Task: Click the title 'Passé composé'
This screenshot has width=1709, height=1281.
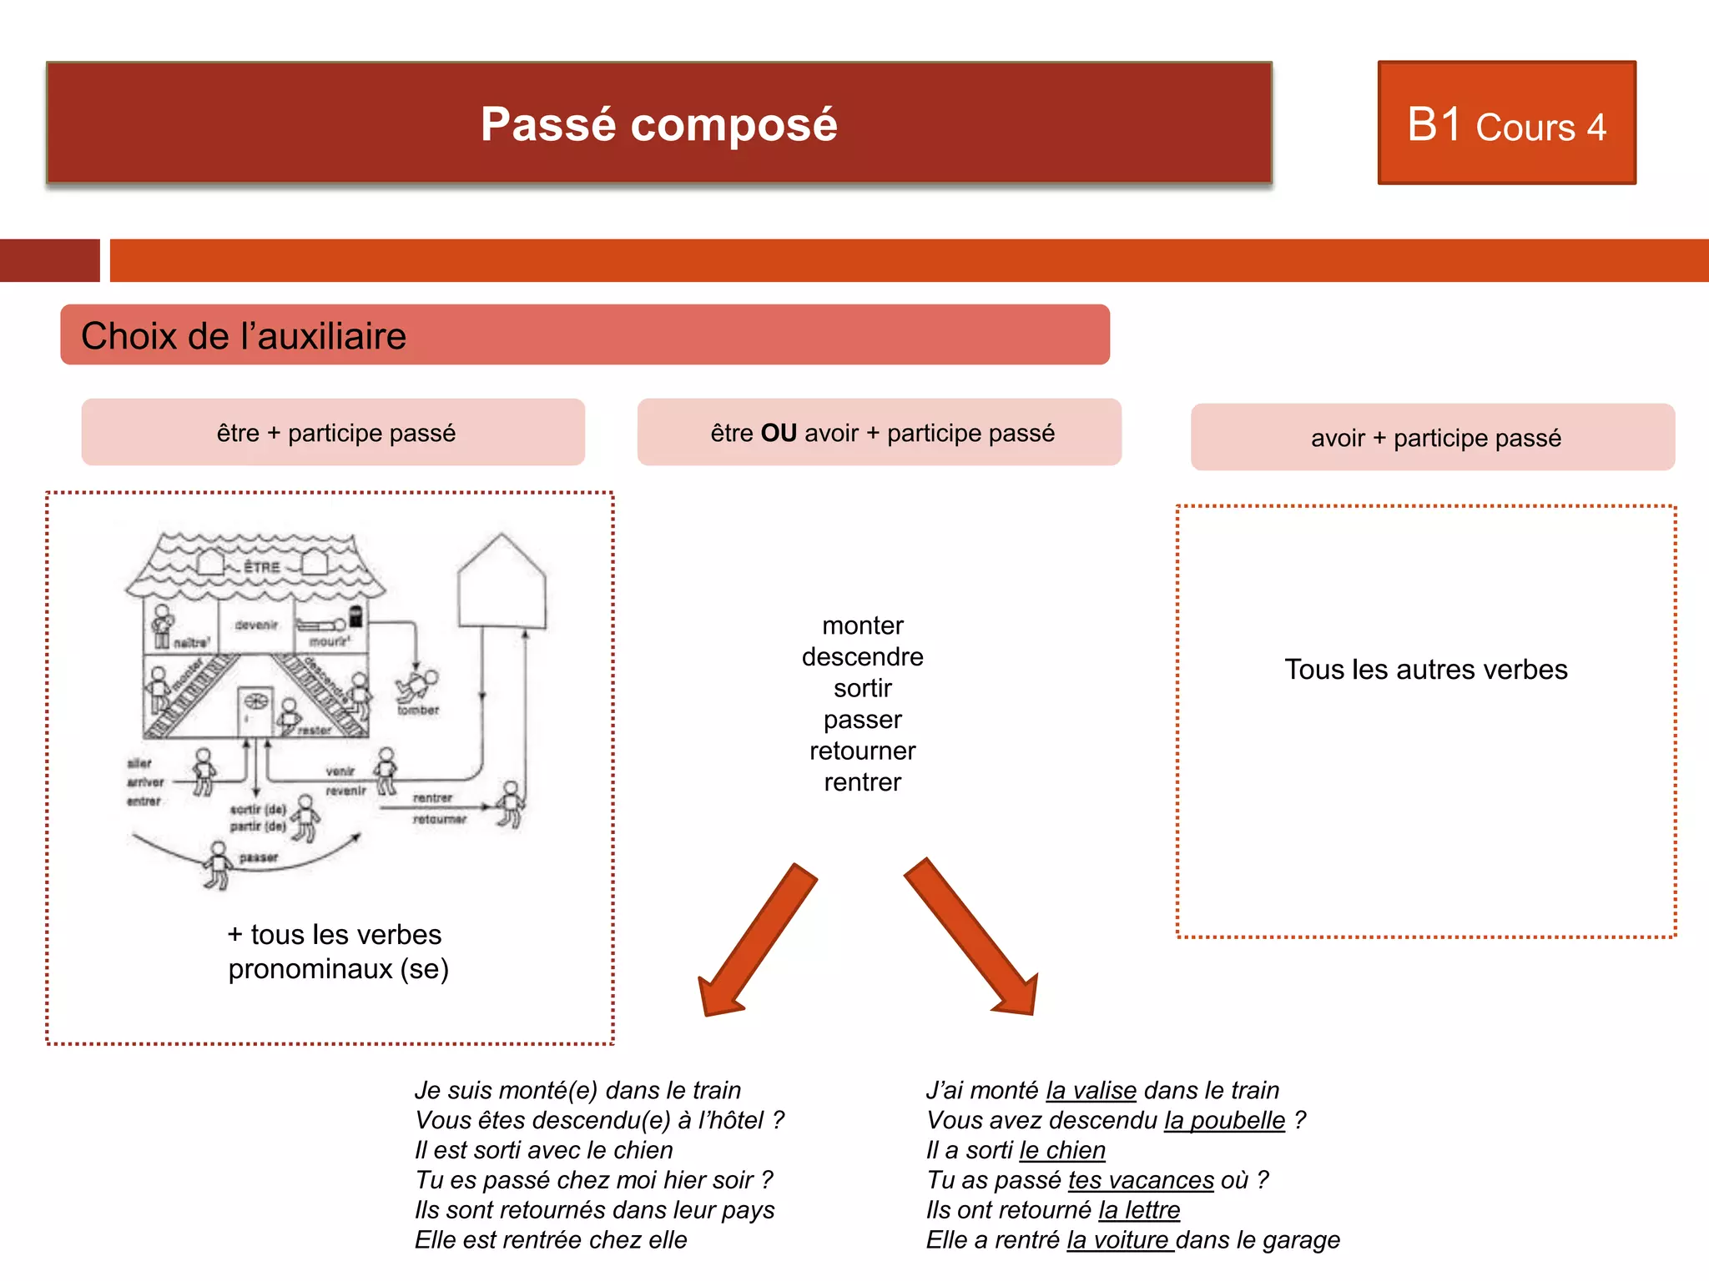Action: [658, 124]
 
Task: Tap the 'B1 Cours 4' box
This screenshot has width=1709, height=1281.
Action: [1506, 124]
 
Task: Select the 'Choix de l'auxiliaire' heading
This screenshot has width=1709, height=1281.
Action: [244, 336]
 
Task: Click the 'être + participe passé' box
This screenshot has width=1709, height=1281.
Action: [334, 433]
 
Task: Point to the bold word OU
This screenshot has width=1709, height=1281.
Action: [779, 433]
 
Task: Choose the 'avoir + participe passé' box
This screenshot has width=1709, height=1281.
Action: [1434, 438]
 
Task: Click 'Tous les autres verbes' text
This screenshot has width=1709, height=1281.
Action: [1425, 670]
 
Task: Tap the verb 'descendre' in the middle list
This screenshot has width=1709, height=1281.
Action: [862, 657]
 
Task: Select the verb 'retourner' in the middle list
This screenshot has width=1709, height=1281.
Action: [862, 751]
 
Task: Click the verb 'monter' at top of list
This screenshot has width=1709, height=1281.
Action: [862, 625]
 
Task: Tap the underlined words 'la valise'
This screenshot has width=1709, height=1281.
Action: [1091, 1090]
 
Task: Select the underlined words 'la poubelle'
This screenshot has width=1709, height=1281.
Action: [1224, 1120]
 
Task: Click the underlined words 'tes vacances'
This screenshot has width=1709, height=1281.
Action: [1141, 1180]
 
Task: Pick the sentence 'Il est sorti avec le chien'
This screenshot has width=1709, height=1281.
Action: [543, 1150]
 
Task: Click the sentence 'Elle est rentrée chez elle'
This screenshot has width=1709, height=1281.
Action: [551, 1240]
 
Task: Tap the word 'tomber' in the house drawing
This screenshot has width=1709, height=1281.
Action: [418, 711]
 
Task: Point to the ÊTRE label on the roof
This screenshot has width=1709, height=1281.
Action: [262, 568]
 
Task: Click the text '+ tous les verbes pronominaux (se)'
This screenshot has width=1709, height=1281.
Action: [338, 952]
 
